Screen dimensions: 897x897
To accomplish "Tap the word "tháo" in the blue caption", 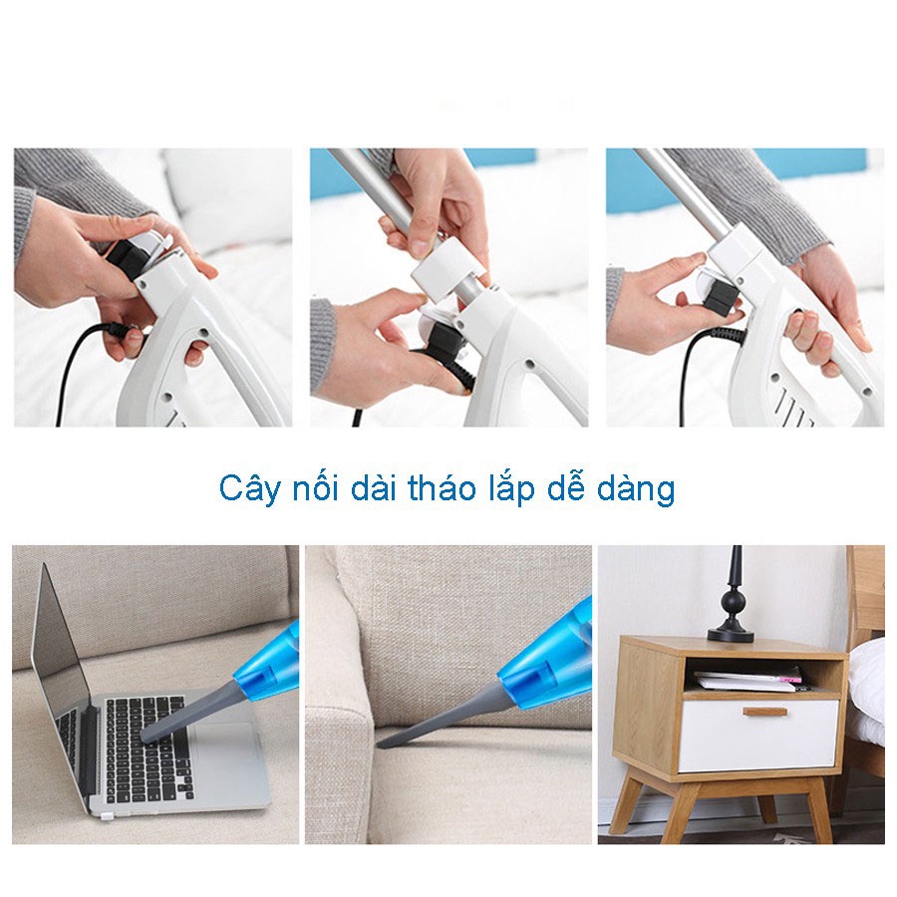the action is click(x=443, y=487).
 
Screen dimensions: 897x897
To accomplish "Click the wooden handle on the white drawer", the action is click(x=764, y=712).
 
